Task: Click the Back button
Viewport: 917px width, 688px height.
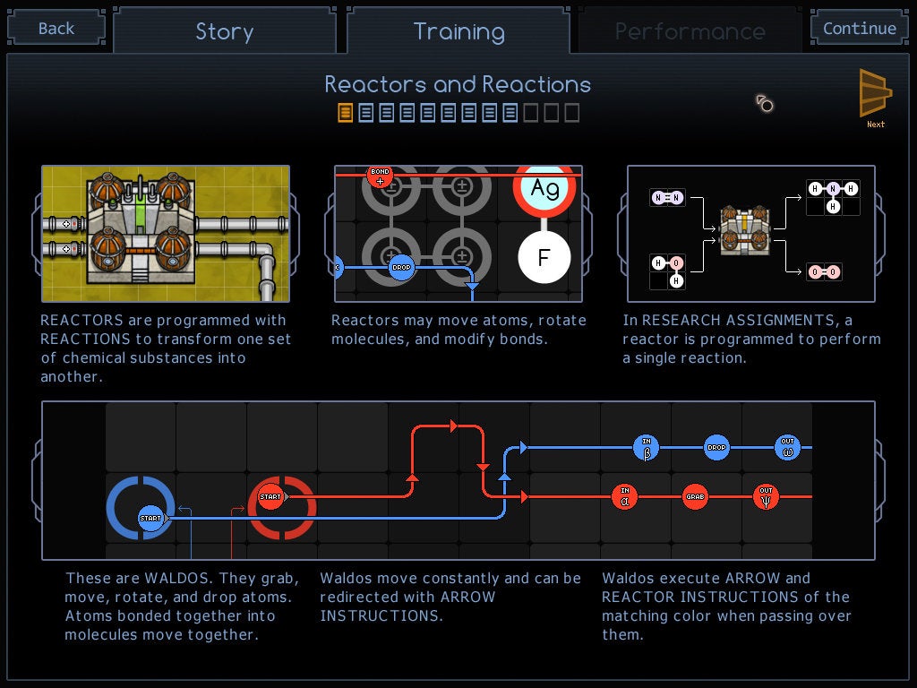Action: click(56, 28)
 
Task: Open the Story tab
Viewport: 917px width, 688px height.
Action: click(225, 30)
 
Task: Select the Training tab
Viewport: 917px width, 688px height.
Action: click(458, 30)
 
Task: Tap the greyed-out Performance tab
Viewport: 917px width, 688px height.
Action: click(690, 30)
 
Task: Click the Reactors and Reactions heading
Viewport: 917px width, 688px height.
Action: click(458, 85)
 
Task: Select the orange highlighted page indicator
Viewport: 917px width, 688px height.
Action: click(345, 112)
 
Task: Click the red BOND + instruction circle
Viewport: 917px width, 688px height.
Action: click(380, 176)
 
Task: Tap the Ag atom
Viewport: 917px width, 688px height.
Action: click(544, 188)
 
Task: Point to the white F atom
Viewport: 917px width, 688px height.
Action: click(544, 257)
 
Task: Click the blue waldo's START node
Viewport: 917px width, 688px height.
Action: click(150, 518)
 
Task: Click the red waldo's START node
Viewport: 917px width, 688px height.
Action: click(270, 496)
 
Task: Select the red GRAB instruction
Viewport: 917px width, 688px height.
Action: click(695, 496)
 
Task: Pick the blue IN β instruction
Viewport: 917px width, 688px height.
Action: click(647, 448)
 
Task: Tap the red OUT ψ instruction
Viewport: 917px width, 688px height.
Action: click(766, 496)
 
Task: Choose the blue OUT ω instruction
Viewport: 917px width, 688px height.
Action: click(787, 448)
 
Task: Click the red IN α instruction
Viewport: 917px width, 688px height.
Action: click(624, 496)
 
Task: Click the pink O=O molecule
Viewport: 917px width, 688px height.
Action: click(824, 271)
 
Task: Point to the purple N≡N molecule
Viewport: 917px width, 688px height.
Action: click(667, 198)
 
